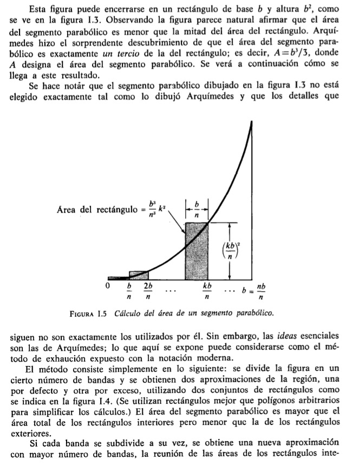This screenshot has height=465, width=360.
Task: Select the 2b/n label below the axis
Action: (147, 290)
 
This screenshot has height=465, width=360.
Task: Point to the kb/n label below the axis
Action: (207, 290)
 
